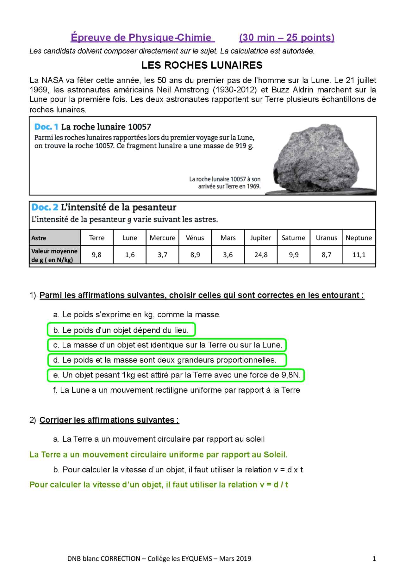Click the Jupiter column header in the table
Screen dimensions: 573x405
click(x=260, y=238)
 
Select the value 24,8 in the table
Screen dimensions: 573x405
click(x=261, y=255)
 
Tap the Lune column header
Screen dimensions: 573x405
click(x=130, y=238)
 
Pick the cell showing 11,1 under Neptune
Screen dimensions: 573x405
click(x=359, y=255)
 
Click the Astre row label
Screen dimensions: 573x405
click(x=39, y=238)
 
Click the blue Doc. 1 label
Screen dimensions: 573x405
click(x=46, y=127)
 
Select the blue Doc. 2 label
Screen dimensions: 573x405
click(x=45, y=207)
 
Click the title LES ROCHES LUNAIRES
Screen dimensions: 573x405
click(x=202, y=65)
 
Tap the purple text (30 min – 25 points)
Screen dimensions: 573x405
click(x=287, y=37)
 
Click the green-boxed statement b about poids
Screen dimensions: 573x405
click(x=121, y=330)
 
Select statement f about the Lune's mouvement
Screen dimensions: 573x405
click(x=176, y=390)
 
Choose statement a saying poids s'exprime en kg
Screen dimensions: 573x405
click(x=137, y=315)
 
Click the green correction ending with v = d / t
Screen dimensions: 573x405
click(x=159, y=485)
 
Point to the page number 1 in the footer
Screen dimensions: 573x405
click(x=374, y=559)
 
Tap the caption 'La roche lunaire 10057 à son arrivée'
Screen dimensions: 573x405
click(x=225, y=183)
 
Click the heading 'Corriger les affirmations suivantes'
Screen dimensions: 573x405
click(x=109, y=420)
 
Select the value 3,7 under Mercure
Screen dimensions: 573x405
click(x=162, y=255)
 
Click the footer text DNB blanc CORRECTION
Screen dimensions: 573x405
click(x=104, y=559)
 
